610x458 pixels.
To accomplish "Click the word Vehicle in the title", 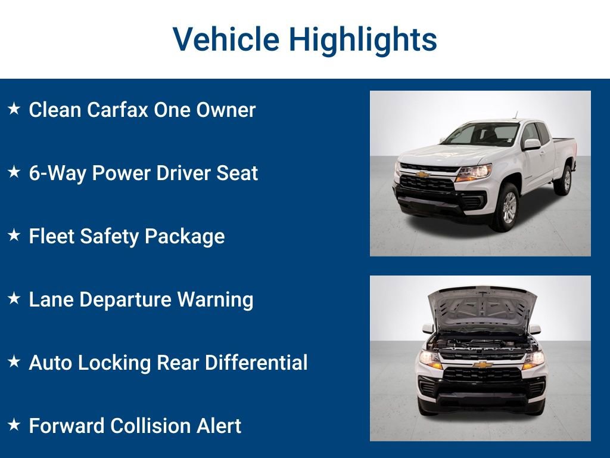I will coord(226,40).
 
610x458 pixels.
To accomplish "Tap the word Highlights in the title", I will coord(363,40).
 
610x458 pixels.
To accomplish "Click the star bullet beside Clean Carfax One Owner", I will coord(14,109).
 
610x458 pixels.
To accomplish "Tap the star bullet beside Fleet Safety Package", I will coord(14,236).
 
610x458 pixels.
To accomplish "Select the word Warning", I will coord(215,299).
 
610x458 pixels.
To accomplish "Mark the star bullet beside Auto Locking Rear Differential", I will coord(14,362).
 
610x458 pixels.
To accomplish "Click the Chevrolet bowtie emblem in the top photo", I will coord(422,175).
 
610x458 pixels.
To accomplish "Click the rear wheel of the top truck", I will coord(563,180).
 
